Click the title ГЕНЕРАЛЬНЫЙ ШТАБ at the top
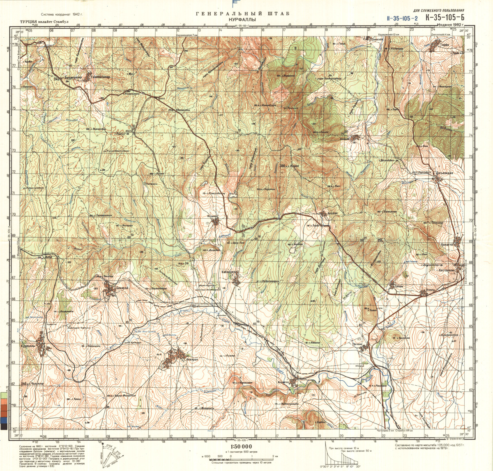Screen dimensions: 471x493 (242, 14)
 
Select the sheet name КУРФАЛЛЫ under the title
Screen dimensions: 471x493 (242, 20)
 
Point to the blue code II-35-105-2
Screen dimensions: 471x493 (402, 18)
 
